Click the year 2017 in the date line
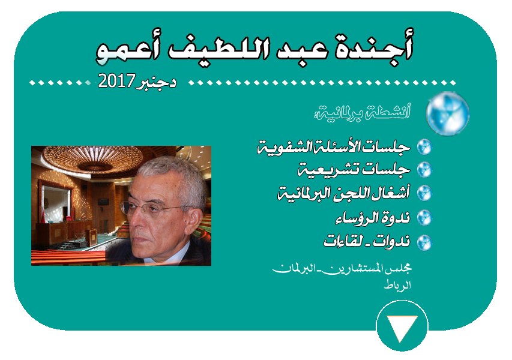tap(116, 80)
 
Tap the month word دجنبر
tap(156, 82)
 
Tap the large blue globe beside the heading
tap(448, 113)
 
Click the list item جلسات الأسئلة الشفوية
tap(334, 147)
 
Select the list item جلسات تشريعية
tap(354, 170)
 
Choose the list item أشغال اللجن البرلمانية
tap(343, 193)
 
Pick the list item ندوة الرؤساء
tap(373, 218)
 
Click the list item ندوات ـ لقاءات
tap(367, 241)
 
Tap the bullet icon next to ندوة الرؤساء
tap(424, 218)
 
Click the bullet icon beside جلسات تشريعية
tap(424, 170)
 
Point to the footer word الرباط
tap(397, 285)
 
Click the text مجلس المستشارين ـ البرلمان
tap(342, 269)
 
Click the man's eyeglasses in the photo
tap(156, 209)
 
